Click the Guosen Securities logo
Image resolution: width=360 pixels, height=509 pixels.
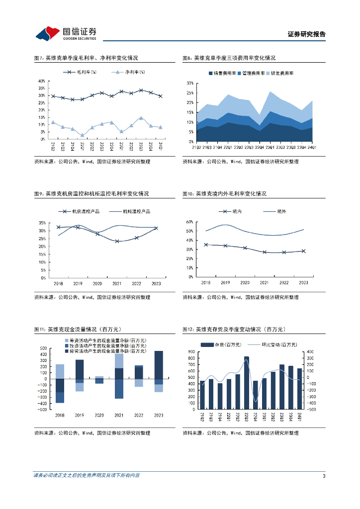[65, 33]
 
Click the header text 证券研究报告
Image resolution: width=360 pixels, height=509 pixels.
[307, 34]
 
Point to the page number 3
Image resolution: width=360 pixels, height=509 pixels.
[324, 476]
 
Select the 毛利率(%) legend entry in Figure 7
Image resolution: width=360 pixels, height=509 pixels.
[80, 73]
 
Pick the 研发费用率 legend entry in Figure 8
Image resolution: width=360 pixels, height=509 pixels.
[281, 73]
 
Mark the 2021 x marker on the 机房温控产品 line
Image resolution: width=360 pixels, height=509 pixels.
[117, 242]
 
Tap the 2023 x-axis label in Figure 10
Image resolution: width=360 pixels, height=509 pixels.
[303, 282]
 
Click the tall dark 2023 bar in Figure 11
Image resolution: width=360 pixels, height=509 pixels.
[159, 367]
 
